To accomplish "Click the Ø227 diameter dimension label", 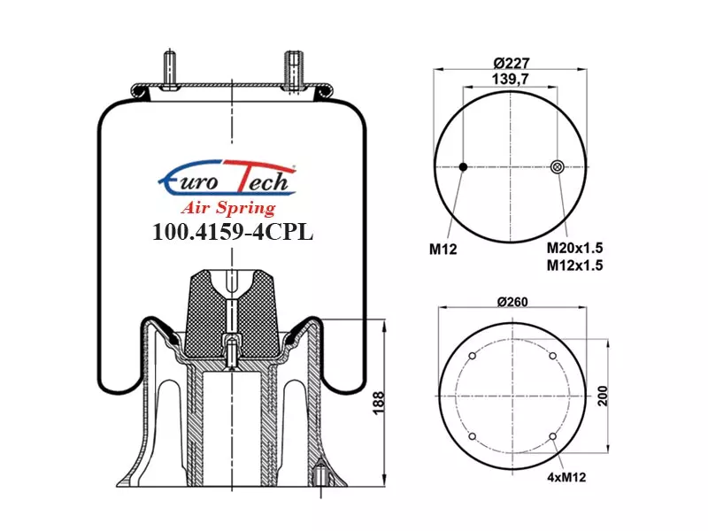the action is click(511, 62).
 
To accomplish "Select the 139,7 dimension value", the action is click(511, 79).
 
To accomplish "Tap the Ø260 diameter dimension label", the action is click(512, 302).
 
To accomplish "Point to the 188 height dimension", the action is click(379, 403).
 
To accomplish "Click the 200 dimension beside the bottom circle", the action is click(603, 396).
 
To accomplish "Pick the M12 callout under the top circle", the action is click(443, 249).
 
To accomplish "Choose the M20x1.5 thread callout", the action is click(574, 248).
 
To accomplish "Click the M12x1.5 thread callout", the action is click(574, 265).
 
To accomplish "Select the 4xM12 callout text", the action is click(566, 477).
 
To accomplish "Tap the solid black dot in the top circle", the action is click(463, 167).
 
